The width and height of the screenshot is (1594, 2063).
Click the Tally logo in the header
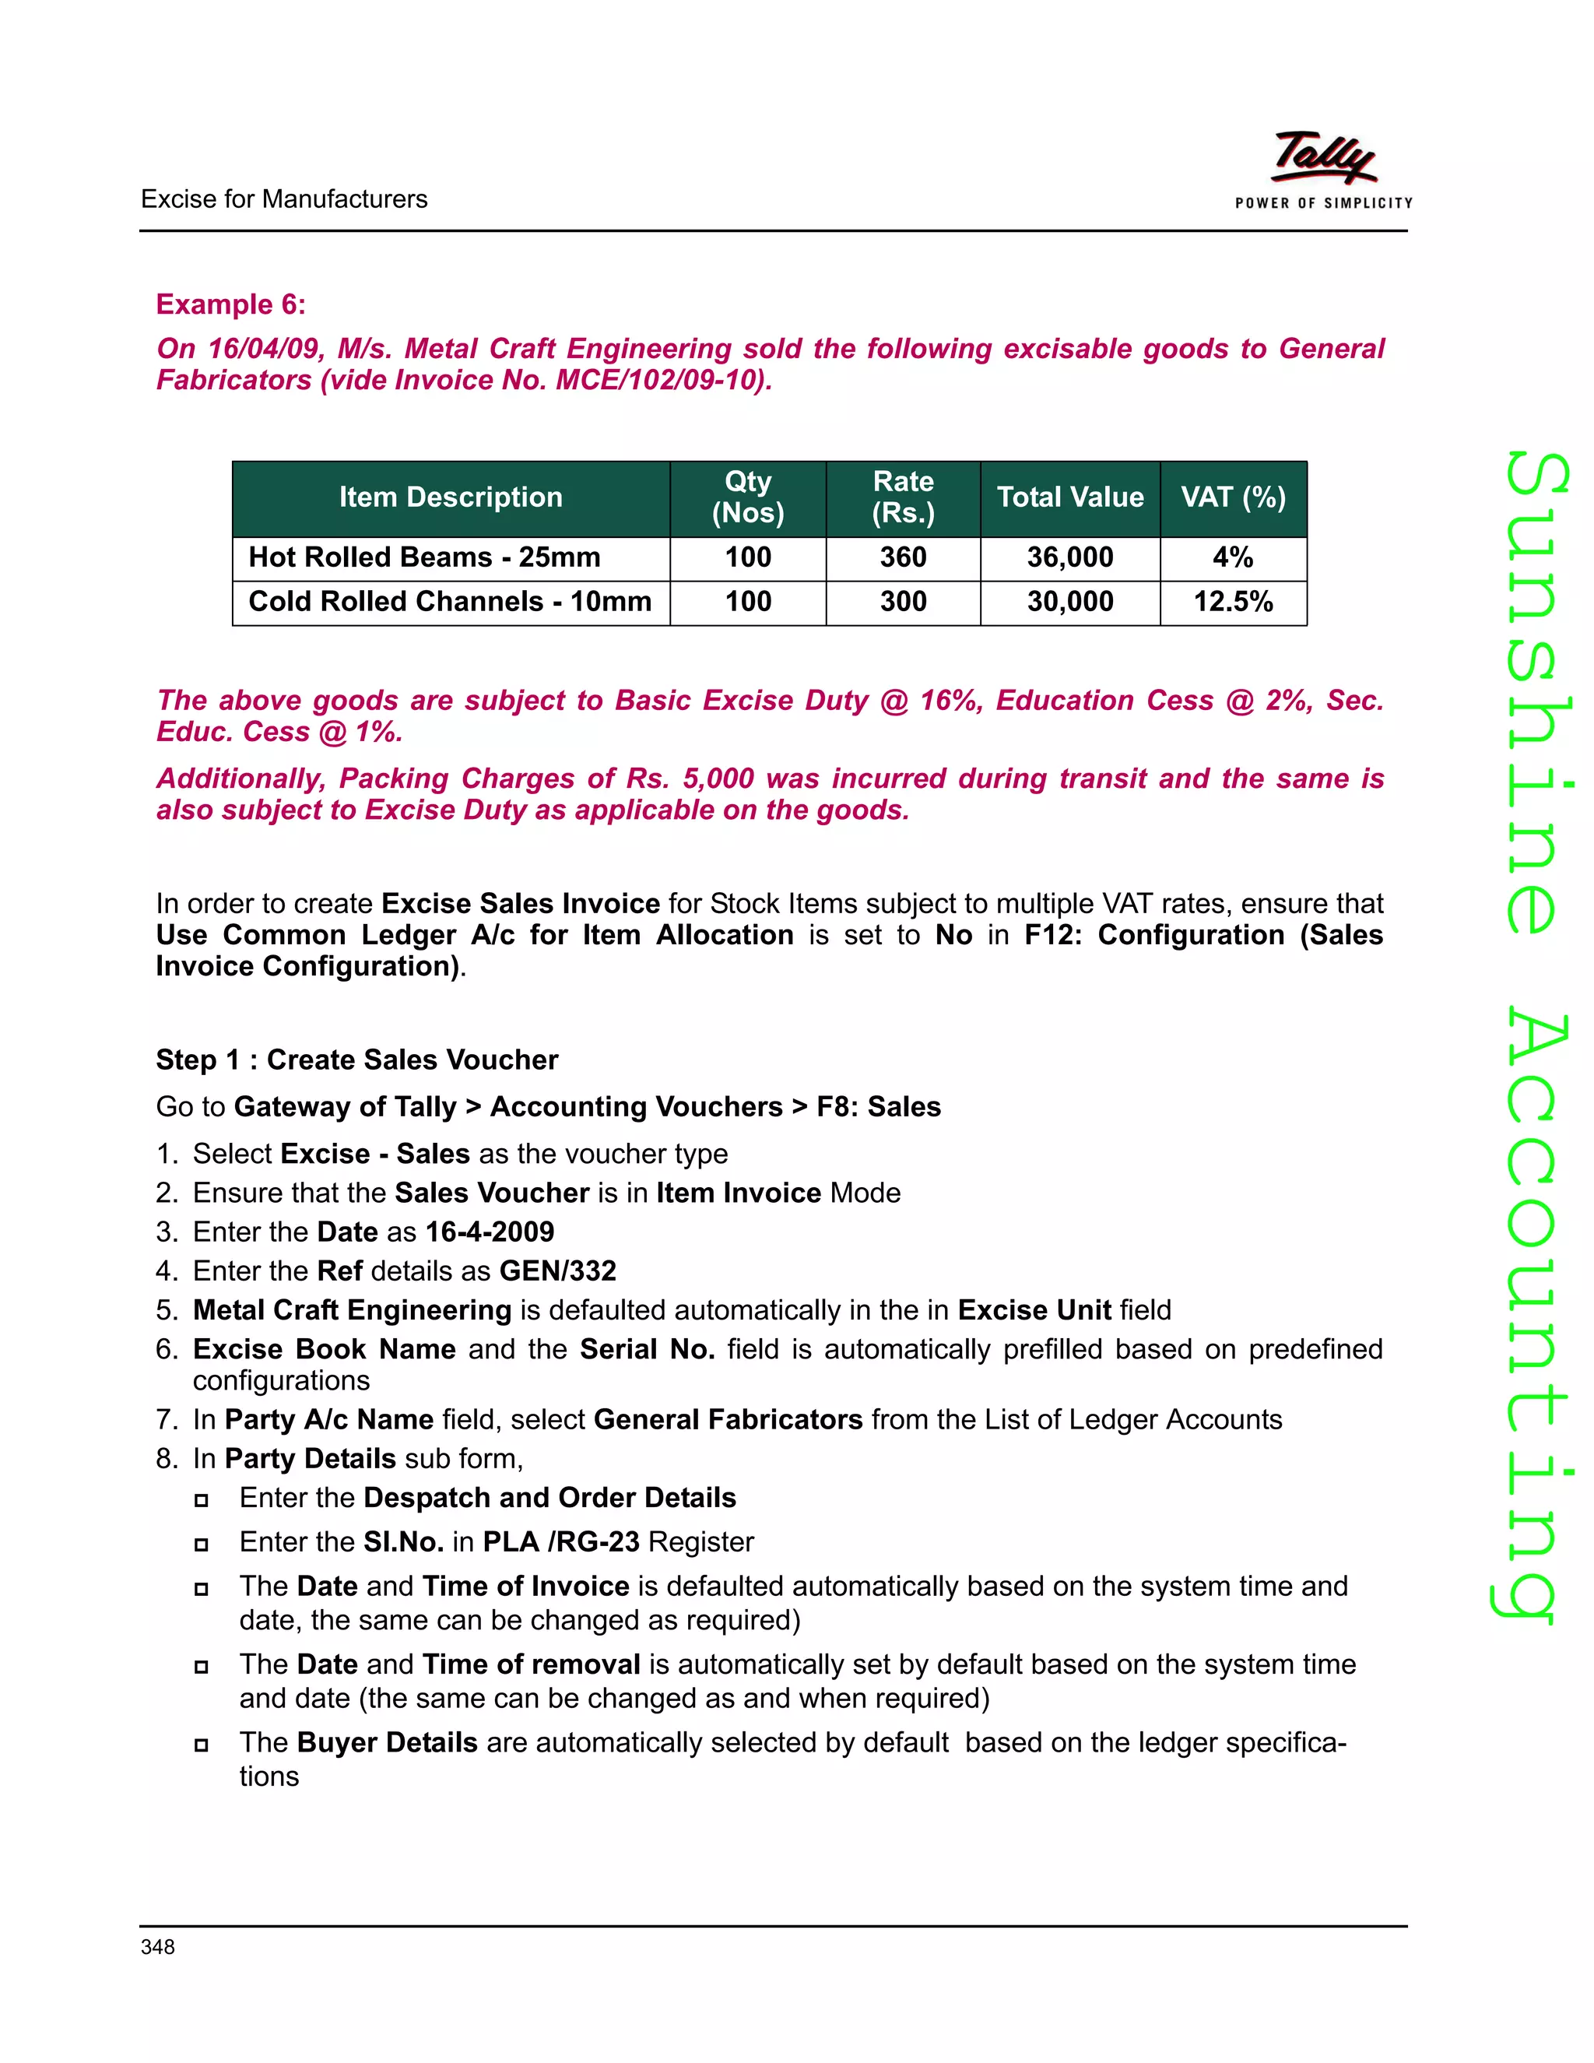pos(1323,156)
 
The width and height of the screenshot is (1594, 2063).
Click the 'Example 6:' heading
pos(230,304)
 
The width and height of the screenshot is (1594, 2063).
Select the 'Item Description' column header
pos(451,497)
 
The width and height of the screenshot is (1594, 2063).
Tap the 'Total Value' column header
pos(1070,497)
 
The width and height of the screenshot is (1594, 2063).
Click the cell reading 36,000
pos(1070,557)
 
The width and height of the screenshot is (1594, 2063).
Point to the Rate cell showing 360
pos(903,557)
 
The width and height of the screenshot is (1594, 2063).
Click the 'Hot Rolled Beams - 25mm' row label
pos(424,557)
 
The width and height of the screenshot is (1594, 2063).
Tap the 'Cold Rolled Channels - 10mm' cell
pos(450,602)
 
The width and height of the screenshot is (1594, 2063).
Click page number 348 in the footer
pos(158,1947)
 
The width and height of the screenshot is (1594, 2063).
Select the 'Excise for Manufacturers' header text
pos(283,199)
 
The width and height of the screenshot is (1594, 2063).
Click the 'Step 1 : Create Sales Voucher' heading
pos(357,1060)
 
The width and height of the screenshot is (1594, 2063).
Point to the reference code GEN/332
pos(557,1271)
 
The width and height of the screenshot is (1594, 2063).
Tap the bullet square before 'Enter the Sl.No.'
pos(201,1545)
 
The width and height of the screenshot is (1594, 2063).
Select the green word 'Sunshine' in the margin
pos(1536,694)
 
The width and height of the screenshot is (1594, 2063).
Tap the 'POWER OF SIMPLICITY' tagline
pos(1323,203)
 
